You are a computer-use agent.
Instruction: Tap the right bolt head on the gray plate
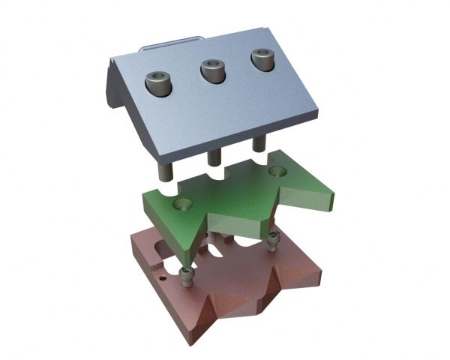[261, 59]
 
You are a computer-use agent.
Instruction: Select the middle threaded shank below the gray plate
[214, 157]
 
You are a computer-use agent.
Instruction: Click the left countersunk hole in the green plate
[182, 203]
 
